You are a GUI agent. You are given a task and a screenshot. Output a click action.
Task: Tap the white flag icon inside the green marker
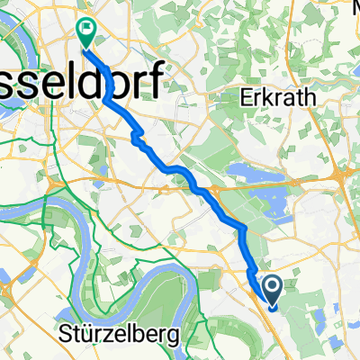pyautogui.click(x=87, y=30)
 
